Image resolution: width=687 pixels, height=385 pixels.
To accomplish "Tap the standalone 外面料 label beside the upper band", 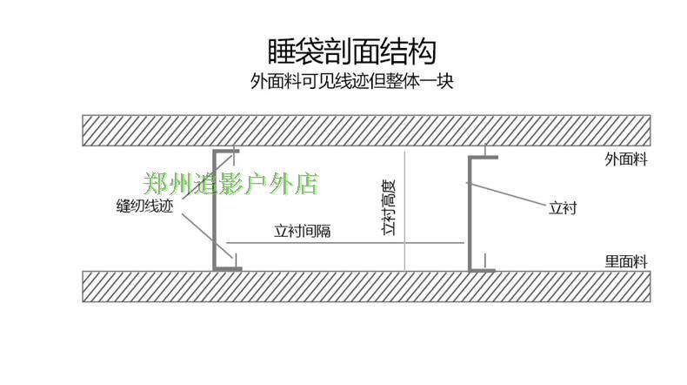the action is [x=627, y=159].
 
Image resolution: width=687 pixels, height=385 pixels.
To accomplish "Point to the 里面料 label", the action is [x=627, y=260].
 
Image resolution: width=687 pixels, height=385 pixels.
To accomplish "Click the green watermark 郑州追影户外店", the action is [x=230, y=184].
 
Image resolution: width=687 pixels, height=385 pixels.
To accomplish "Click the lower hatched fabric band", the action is [x=366, y=287].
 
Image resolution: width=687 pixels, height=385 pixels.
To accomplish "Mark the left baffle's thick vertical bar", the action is [x=215, y=209].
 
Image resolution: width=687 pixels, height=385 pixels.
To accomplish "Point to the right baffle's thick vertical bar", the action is [x=470, y=213].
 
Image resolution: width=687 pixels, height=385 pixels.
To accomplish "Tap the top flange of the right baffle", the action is [x=484, y=158].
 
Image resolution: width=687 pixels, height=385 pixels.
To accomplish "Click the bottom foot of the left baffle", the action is [x=228, y=269].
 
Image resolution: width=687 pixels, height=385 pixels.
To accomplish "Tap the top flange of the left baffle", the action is [x=227, y=152].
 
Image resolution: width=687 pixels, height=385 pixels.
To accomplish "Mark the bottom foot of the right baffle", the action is [x=482, y=269].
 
